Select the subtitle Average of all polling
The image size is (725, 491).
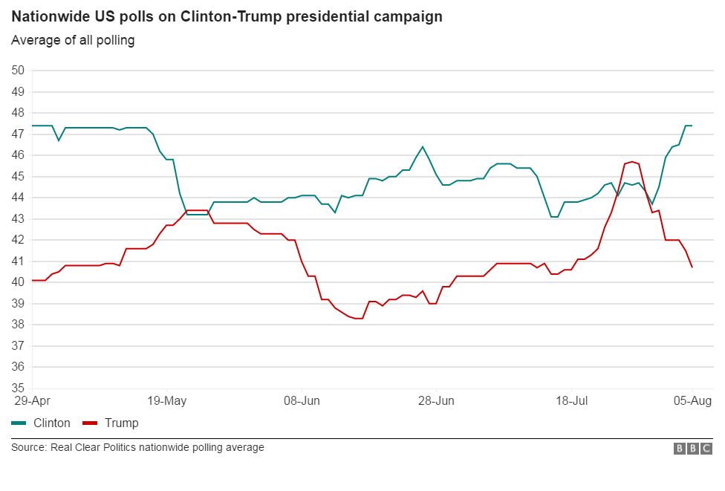(72, 40)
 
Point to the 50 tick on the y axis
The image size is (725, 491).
(18, 71)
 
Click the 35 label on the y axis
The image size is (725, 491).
(18, 388)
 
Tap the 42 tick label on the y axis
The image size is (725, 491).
(18, 240)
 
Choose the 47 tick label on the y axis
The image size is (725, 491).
(18, 134)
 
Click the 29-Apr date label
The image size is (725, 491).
(31, 401)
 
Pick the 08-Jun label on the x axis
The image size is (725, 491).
(302, 401)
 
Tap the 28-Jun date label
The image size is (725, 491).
(437, 401)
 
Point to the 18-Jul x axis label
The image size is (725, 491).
(572, 401)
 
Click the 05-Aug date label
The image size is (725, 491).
(692, 401)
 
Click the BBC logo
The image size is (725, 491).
(693, 448)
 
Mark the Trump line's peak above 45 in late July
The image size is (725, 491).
(631, 161)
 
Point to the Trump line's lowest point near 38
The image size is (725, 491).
(359, 318)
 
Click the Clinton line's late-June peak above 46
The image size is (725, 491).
(423, 146)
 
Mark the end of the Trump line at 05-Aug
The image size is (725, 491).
(692, 267)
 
